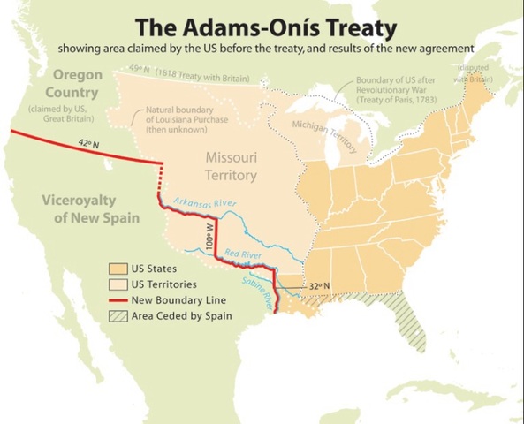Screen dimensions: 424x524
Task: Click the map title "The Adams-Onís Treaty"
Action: (x=262, y=24)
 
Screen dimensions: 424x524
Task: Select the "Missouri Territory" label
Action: (x=232, y=166)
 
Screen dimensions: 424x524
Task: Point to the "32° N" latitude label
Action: (x=319, y=286)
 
